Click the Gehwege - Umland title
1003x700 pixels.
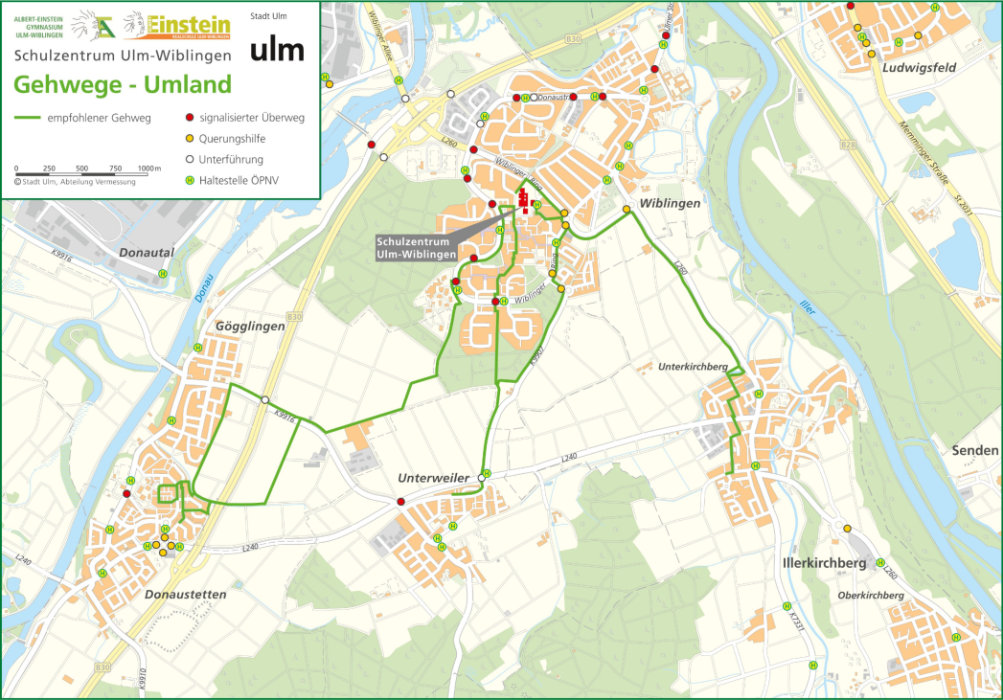click(123, 84)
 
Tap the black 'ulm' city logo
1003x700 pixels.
click(277, 50)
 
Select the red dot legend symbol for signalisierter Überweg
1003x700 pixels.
click(190, 118)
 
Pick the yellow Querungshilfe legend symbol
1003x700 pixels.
click(190, 139)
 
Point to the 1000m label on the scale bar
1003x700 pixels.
click(148, 169)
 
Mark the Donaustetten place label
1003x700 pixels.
click(185, 594)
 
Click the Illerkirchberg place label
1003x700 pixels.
click(825, 563)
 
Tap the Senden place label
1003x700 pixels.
click(975, 450)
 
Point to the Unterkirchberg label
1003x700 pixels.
click(694, 367)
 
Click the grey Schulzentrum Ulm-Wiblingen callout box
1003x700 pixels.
click(413, 248)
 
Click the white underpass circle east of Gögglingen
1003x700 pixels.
click(264, 400)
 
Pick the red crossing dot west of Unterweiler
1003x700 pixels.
click(400, 502)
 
